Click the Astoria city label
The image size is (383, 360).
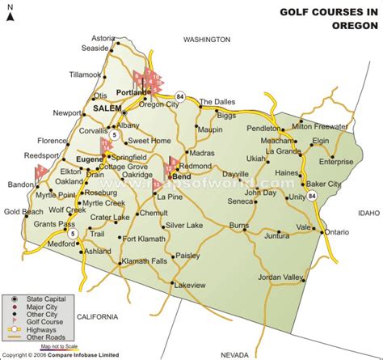(x=103, y=38)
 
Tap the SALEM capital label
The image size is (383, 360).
(x=107, y=108)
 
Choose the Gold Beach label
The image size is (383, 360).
(x=23, y=212)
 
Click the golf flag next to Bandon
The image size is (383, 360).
(x=40, y=172)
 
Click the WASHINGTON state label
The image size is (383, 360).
(x=207, y=39)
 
